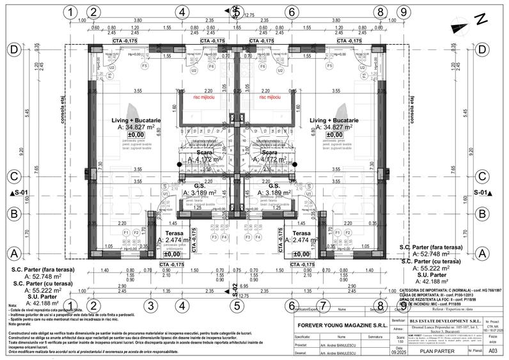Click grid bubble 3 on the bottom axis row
[150, 306]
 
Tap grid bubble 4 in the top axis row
[182, 12]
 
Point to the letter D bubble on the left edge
[12, 49]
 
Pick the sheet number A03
[492, 350]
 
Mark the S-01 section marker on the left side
[20, 192]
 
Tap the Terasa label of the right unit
[301, 233]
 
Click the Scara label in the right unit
[269, 153]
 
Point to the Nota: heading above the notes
[13, 306]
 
